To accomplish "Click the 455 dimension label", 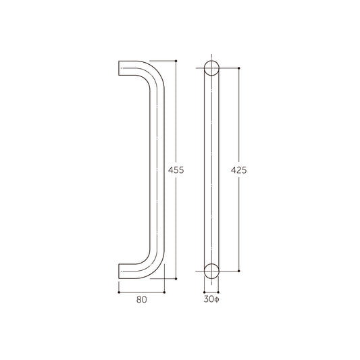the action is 176,170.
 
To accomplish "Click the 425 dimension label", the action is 239,170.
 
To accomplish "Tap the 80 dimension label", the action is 141,300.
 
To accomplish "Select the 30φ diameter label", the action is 211,299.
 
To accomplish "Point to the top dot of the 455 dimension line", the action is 176,61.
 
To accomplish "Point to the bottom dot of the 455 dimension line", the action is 176,279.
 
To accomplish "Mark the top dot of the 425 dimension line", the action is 239,68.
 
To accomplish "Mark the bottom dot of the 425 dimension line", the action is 239,271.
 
